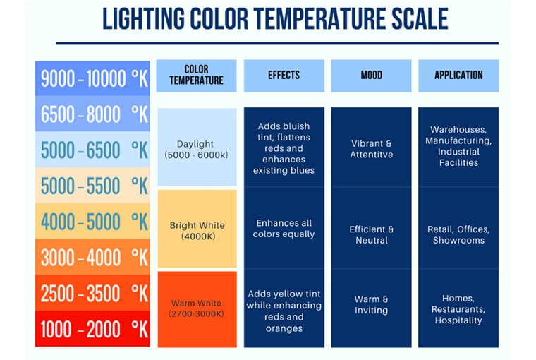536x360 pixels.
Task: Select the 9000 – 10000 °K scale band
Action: (x=92, y=78)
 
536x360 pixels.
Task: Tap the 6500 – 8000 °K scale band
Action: (x=92, y=114)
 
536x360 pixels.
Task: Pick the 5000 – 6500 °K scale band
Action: (x=92, y=150)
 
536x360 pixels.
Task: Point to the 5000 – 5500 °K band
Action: (x=92, y=186)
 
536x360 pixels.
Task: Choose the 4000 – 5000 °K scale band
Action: (x=92, y=222)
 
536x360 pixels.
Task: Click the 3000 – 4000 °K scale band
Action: (x=92, y=257)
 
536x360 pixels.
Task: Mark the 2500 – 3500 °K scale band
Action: (x=92, y=293)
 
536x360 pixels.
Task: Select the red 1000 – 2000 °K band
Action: (x=92, y=328)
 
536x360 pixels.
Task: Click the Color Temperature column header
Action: (x=196, y=76)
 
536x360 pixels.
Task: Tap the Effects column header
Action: (x=284, y=76)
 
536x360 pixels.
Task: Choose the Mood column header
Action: (x=371, y=76)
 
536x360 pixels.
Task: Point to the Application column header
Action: (x=458, y=76)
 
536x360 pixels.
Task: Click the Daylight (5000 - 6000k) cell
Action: (x=196, y=148)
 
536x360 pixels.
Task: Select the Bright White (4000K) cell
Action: (x=196, y=230)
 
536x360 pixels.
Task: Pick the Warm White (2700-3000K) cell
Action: (x=196, y=308)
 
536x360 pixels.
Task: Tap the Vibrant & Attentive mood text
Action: (x=371, y=149)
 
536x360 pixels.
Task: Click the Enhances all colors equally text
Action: (x=284, y=229)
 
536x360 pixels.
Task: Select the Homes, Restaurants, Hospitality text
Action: (x=458, y=309)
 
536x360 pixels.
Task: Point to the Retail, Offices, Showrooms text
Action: (x=458, y=234)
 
